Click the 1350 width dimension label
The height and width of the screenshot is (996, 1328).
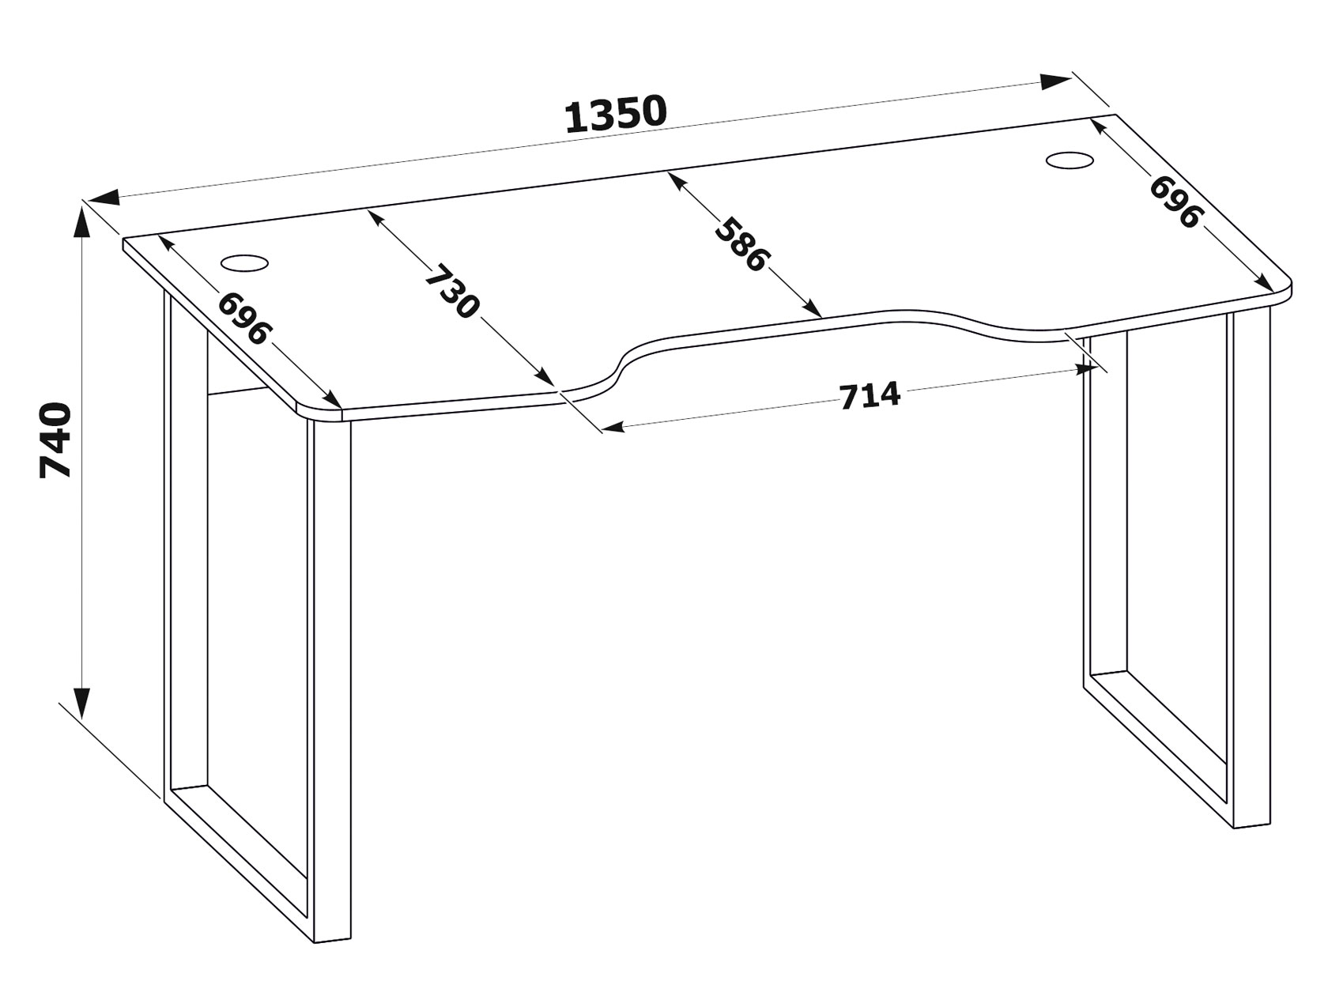pyautogui.click(x=616, y=113)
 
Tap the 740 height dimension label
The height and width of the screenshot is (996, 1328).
pyautogui.click(x=55, y=440)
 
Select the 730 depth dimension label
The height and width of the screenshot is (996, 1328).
pyautogui.click(x=452, y=291)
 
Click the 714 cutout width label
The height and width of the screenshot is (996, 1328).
pyautogui.click(x=870, y=396)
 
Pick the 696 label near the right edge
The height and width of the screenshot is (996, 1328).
pyautogui.click(x=1175, y=202)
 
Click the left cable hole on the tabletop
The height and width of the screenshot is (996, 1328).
pyautogui.click(x=244, y=263)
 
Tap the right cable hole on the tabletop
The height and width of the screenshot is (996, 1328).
pyautogui.click(x=1069, y=160)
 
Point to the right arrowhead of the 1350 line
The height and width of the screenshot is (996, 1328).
pyautogui.click(x=1055, y=81)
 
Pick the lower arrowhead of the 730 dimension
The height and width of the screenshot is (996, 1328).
pyautogui.click(x=546, y=377)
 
